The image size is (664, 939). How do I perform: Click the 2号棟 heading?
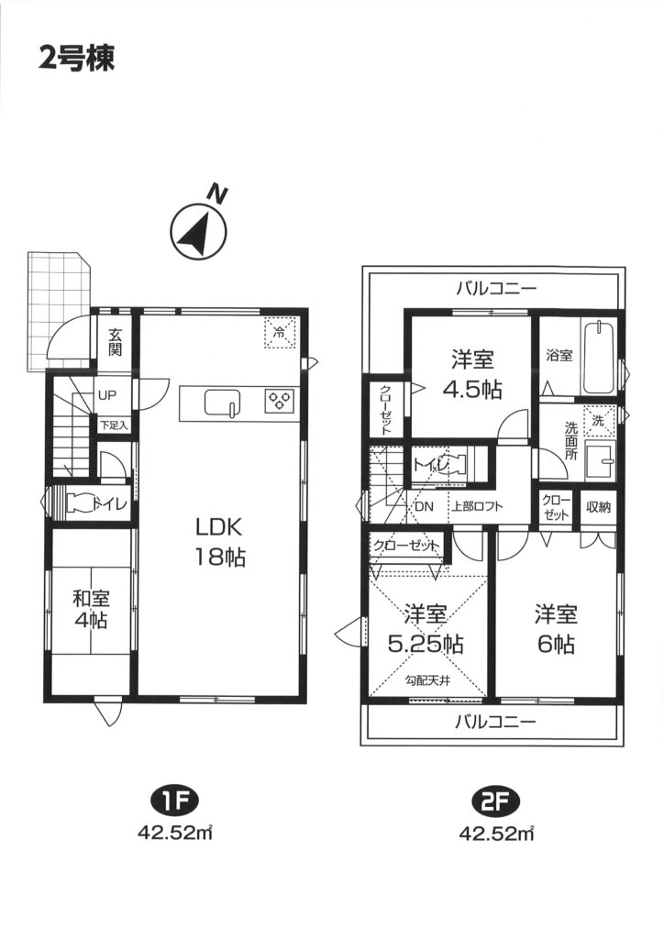[x=77, y=59]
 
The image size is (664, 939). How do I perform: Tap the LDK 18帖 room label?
[x=219, y=543]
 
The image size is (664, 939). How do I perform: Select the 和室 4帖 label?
[x=91, y=609]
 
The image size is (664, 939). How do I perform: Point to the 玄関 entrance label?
[x=115, y=342]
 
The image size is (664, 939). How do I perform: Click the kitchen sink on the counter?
[x=223, y=403]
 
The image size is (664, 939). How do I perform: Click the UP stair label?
[x=108, y=395]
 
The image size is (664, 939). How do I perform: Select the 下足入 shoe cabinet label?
[x=114, y=425]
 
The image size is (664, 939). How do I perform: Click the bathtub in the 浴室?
[x=599, y=357]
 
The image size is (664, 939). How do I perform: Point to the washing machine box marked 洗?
[x=599, y=420]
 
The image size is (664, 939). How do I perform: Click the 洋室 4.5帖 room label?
[x=471, y=375]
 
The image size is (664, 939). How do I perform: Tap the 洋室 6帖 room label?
[x=556, y=629]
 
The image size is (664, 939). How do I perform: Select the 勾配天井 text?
[x=427, y=680]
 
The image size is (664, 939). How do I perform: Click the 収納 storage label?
[x=598, y=507]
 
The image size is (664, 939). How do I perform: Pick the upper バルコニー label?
[x=496, y=289]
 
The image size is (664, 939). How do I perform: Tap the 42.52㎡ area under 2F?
[x=496, y=833]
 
